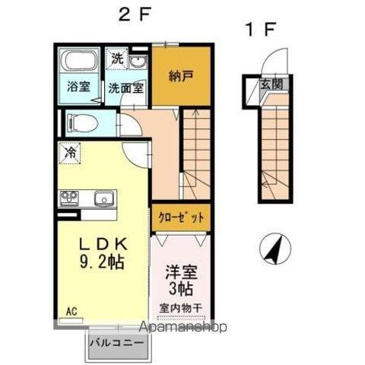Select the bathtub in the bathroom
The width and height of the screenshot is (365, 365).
coord(78,62)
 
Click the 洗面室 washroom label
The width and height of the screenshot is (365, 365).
coord(125,86)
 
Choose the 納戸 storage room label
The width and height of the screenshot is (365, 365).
coord(180,76)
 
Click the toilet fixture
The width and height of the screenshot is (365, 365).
coord(81,122)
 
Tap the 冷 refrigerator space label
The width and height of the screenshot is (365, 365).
coord(68,153)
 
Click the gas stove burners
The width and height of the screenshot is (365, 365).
coord(69,199)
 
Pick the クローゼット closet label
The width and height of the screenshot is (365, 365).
coord(181,217)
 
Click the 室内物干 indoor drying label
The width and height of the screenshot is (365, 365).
coord(181,307)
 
